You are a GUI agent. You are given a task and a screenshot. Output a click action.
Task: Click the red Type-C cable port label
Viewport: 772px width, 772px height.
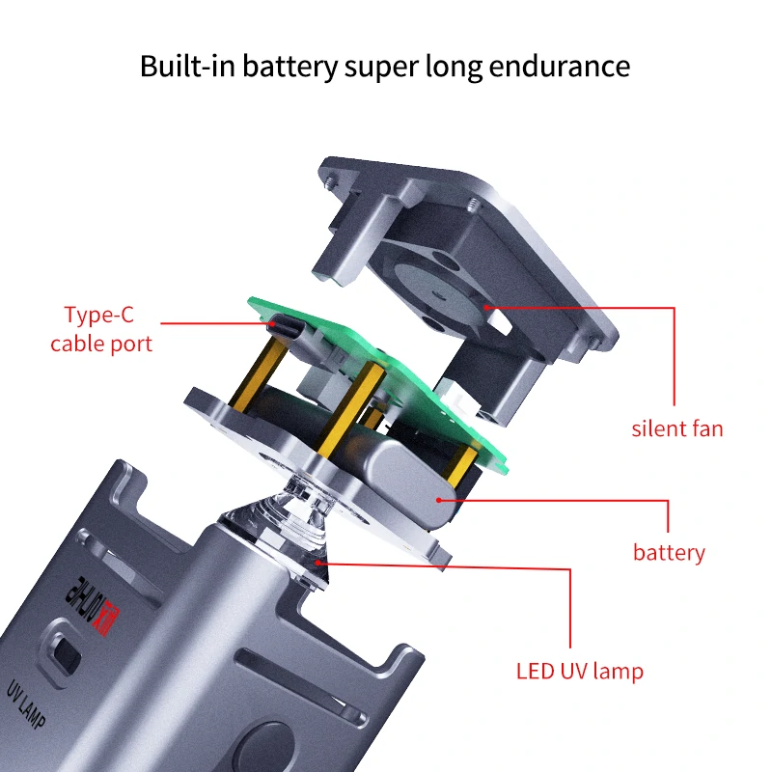point(101,329)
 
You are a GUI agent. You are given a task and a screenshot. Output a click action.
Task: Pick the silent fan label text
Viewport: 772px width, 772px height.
point(676,428)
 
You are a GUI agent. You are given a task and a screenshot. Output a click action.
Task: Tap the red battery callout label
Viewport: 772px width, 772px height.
point(669,553)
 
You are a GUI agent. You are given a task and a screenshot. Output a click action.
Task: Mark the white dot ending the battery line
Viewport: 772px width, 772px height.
point(440,500)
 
